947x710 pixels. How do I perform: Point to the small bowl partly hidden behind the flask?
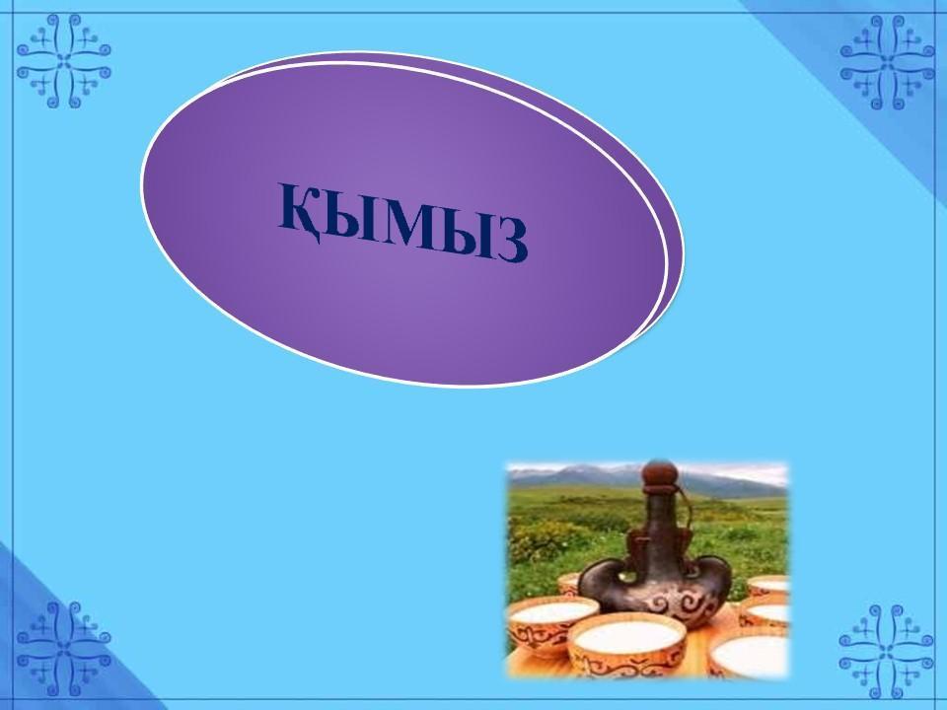pos(568,585)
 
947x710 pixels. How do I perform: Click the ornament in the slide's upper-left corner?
pos(64,61)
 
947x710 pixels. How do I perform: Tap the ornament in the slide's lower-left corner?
pos(64,649)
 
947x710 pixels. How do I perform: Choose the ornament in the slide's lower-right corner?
pos(887,652)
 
